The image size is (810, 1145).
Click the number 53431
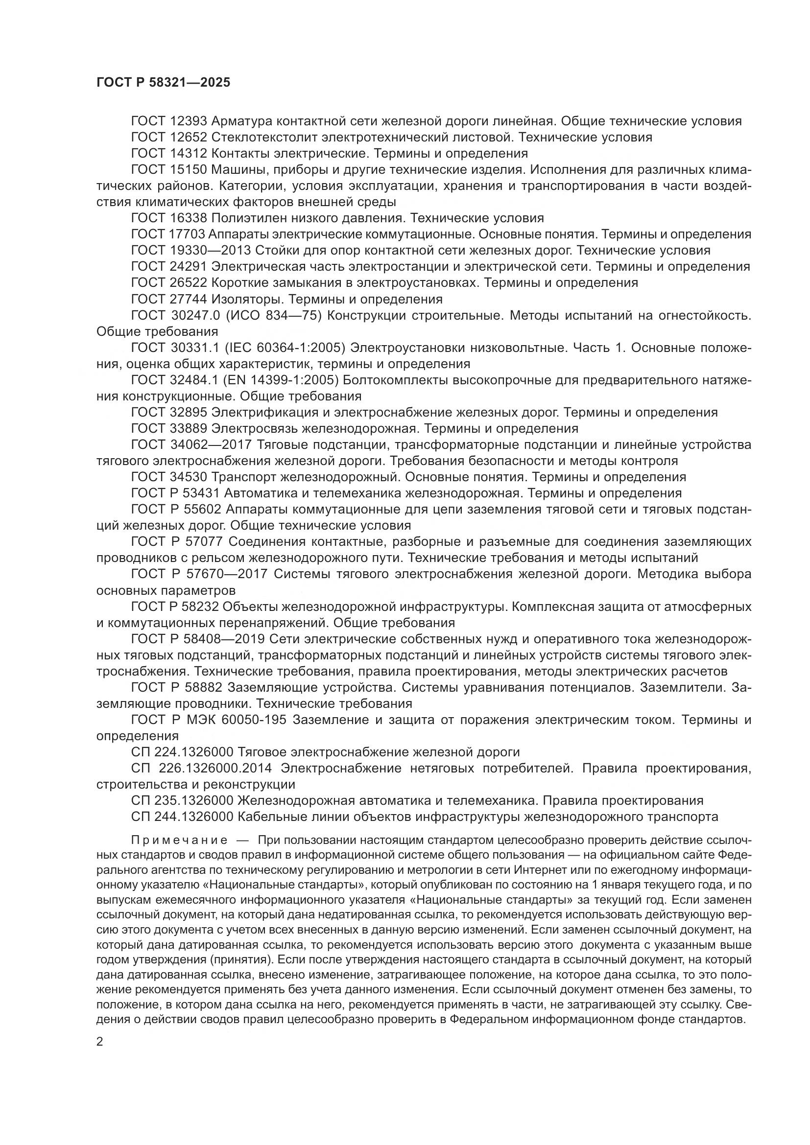pos(201,493)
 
